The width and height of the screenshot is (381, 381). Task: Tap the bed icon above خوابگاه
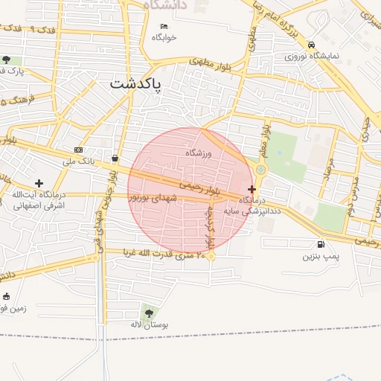164,26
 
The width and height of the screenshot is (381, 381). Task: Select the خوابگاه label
164,36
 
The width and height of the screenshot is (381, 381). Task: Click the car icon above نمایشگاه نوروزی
311,45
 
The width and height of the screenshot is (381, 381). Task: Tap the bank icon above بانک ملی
79,150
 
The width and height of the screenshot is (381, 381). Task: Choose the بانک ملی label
79,161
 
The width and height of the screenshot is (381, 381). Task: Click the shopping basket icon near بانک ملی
115,158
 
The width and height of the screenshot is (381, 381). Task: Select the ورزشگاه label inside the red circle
199,153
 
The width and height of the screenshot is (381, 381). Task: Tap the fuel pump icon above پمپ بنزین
321,244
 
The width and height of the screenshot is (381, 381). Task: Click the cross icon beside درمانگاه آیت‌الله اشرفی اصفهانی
39,183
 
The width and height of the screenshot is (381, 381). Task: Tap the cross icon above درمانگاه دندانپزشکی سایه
252,190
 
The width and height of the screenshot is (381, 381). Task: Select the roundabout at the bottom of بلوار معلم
260,170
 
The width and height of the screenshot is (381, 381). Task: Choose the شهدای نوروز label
154,197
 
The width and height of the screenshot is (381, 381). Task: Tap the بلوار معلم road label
263,141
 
